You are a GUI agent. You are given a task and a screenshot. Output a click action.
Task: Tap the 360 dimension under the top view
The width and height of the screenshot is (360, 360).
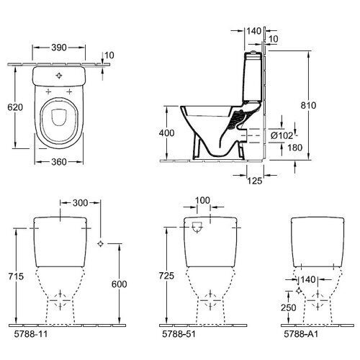(59, 161)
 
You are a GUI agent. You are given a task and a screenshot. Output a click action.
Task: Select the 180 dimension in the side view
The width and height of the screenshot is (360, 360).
(286, 148)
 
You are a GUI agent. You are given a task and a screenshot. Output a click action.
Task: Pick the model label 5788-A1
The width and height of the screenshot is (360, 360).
(297, 335)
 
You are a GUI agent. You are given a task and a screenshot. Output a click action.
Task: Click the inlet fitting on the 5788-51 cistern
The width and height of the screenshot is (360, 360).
(198, 230)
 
